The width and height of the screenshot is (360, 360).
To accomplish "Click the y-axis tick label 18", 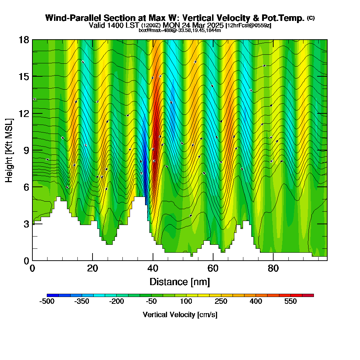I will click(24, 40).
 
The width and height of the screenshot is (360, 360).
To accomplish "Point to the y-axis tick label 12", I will click(24, 113).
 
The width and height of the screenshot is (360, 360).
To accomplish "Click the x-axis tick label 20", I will click(93, 268).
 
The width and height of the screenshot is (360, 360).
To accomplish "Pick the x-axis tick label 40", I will click(153, 268).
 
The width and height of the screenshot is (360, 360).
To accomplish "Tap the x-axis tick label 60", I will click(213, 268).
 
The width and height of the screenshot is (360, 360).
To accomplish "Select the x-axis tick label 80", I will click(273, 268).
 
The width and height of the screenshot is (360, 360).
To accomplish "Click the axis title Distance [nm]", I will click(180, 281).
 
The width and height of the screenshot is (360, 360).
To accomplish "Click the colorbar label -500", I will click(47, 301).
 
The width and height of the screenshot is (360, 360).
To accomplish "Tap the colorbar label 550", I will click(290, 301).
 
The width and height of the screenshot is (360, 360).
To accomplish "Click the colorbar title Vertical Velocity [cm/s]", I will click(180, 315).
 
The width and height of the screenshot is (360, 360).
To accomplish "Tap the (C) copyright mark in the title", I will click(311, 18).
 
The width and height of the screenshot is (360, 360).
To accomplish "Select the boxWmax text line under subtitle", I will click(180, 30).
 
